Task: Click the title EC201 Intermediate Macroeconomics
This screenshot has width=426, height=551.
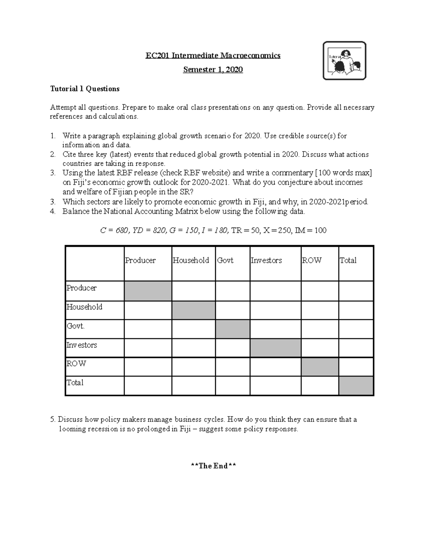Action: click(213, 56)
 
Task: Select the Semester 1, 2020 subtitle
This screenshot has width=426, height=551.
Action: click(213, 70)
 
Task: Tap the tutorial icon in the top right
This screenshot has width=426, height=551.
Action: click(344, 61)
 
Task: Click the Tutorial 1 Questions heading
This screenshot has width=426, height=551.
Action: click(85, 89)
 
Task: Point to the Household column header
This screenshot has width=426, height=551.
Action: click(191, 260)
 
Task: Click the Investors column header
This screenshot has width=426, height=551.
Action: click(266, 260)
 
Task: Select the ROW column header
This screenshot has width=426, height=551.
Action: click(311, 260)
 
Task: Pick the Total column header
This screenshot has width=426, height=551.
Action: click(348, 260)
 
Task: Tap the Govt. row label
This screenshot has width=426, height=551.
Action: click(76, 326)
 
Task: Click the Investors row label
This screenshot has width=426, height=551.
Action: click(82, 345)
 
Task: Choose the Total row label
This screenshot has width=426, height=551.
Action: click(75, 382)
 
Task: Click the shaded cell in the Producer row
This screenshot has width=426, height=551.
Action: click(148, 291)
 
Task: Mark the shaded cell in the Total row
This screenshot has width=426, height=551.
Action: click(356, 386)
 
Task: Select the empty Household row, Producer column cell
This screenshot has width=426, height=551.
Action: click(148, 310)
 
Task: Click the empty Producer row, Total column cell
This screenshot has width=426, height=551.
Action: click(356, 291)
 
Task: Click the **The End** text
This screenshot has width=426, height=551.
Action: click(213, 466)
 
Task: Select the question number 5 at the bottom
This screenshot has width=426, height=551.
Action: click(53, 419)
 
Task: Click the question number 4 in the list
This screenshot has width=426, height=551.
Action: click(53, 211)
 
